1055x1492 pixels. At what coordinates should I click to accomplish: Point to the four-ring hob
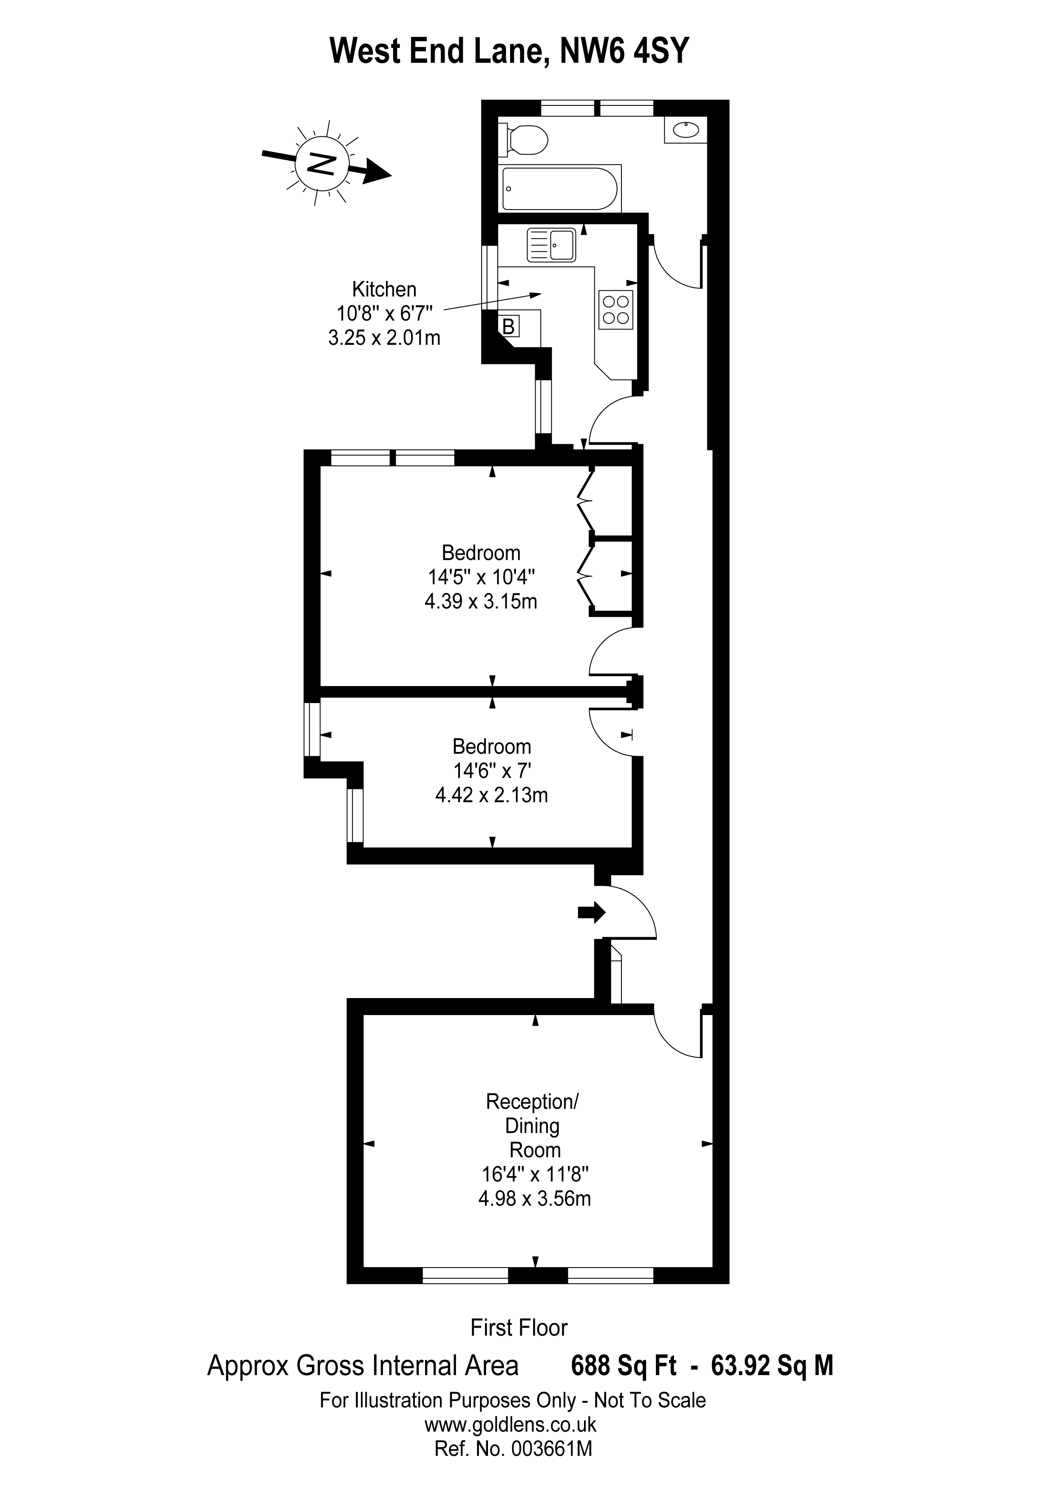pos(616,309)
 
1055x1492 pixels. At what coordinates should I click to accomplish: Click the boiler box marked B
pos(509,326)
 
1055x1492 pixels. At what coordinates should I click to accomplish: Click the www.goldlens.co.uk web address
pos(510,1424)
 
